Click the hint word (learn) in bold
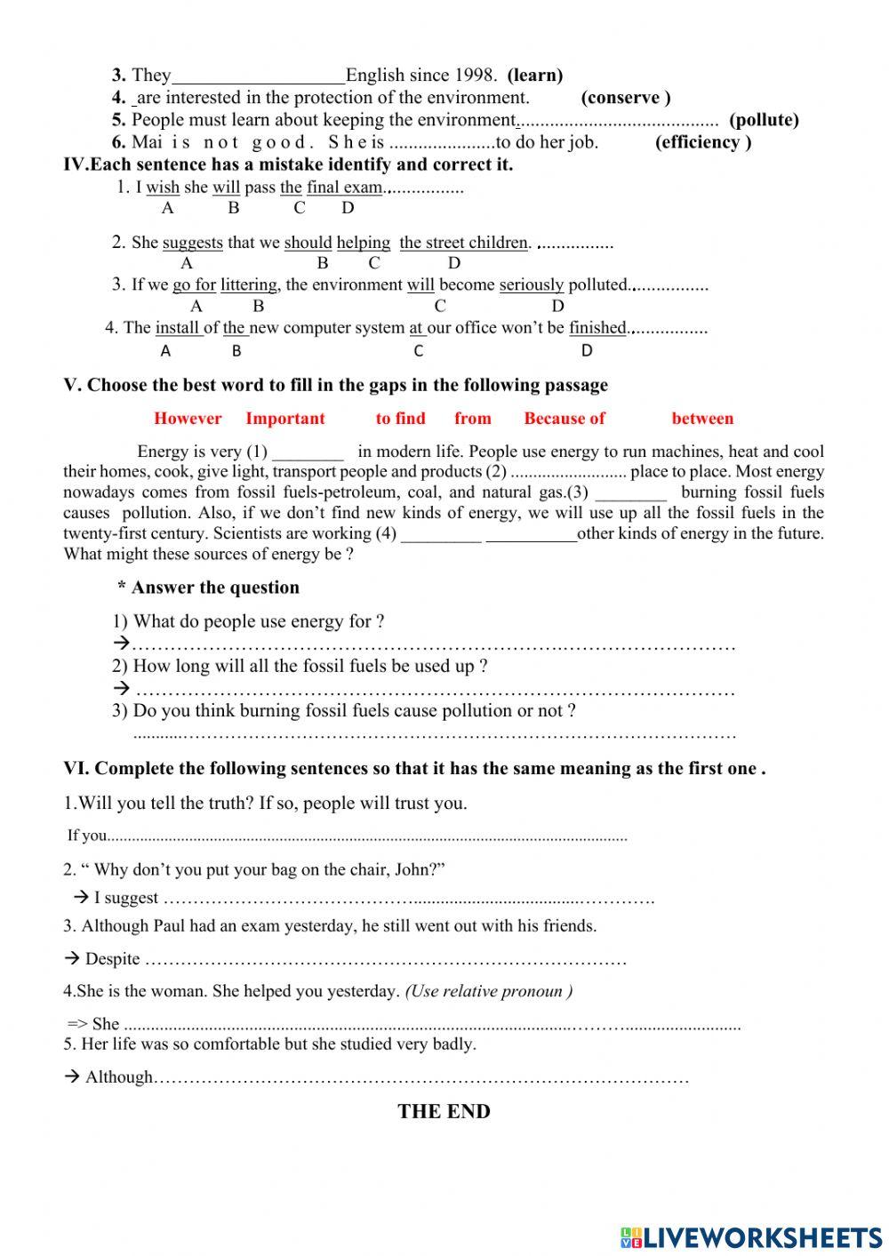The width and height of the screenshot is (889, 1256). (x=534, y=76)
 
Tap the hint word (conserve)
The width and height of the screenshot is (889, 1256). (x=626, y=98)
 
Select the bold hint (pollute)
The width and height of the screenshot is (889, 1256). (x=764, y=120)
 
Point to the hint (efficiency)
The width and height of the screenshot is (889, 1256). (x=703, y=142)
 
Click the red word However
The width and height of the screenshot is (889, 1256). (x=188, y=419)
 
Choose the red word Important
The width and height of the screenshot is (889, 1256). (x=285, y=419)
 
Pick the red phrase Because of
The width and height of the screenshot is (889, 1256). (x=565, y=419)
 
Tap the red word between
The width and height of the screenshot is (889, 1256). (x=702, y=419)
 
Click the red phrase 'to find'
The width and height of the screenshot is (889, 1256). (x=400, y=419)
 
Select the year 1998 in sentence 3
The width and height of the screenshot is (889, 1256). (x=476, y=76)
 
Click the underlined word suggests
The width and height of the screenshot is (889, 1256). (x=193, y=243)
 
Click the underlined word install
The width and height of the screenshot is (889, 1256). (x=178, y=328)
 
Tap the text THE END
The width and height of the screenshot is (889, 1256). (x=444, y=1112)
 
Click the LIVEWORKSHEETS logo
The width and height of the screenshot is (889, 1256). (x=751, y=1237)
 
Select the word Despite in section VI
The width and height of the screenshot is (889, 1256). (x=113, y=959)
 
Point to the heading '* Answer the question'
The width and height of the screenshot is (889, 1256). (x=208, y=588)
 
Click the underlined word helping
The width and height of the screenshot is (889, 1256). (x=364, y=243)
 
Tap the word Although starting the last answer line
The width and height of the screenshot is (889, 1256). (x=119, y=1077)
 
